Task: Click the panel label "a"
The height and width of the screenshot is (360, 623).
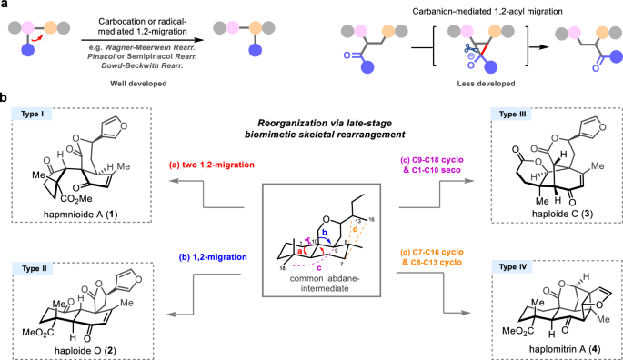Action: pos(5,6)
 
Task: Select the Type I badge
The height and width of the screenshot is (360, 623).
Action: pos(35,114)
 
